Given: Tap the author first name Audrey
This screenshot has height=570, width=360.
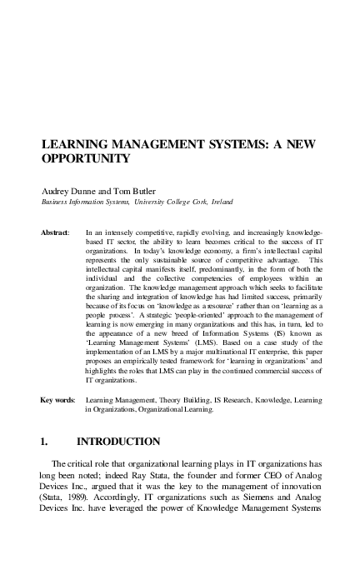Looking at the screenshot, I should click(57, 189).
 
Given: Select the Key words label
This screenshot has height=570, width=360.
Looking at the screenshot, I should click(58, 401).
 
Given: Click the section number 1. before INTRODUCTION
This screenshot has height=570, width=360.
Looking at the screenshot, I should click(47, 440).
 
